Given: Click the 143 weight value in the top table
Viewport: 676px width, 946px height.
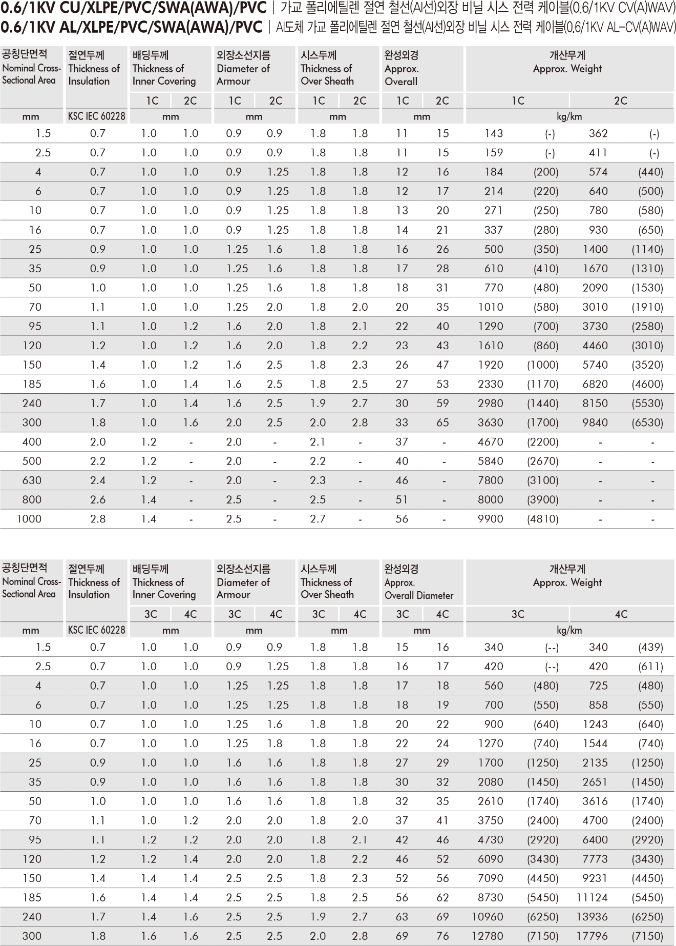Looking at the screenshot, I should coord(494,134).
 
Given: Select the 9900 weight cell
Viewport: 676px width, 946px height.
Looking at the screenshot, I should coord(491,519).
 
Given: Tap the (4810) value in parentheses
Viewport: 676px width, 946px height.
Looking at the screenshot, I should coord(543,519).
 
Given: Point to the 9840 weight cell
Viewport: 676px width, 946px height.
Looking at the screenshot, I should coord(595,422).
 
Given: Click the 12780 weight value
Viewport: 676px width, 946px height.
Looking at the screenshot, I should coord(488,936).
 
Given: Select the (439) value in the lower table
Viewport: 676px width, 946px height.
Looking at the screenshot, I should coord(650,648).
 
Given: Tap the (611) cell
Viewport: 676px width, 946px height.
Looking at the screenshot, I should coord(650,667).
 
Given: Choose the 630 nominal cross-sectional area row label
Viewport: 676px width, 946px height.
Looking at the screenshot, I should coord(32,480).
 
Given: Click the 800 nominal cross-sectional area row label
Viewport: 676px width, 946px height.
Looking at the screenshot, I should coord(32,499).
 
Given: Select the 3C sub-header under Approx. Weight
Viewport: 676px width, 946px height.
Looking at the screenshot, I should coord(518,614).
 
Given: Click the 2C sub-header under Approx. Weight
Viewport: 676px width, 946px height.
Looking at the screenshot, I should coord(621,100).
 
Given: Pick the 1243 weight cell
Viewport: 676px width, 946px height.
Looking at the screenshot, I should coord(595,724).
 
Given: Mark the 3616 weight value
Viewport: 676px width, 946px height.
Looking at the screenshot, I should coord(595,801).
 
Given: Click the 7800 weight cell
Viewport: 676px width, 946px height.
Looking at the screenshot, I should coord(491,480).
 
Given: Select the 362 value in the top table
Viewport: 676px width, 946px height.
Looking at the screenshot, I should coord(598,134).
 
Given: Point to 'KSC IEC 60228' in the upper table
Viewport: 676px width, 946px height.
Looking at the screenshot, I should coord(96,116).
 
